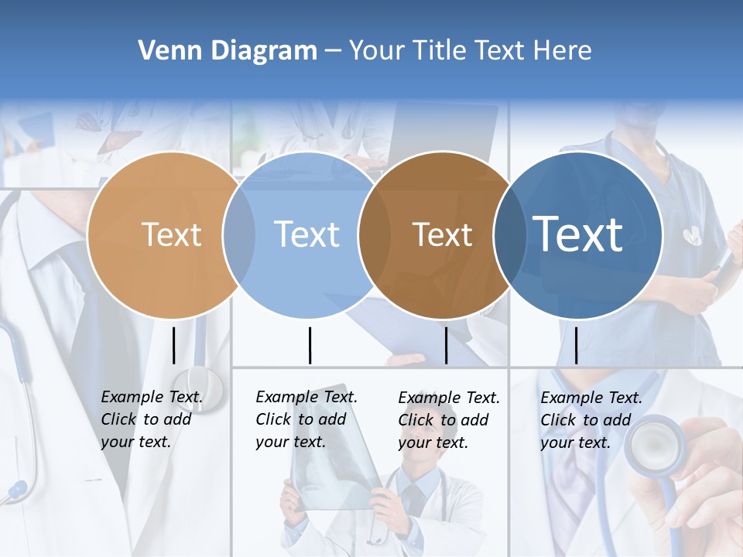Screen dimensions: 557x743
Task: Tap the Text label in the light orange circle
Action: [171, 234]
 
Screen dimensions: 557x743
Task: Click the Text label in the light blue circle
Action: [306, 234]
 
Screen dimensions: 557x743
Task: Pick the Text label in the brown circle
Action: [442, 234]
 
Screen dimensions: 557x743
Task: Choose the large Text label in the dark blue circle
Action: [578, 234]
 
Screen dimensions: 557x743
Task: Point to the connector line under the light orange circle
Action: [174, 345]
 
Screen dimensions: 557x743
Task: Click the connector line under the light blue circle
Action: [310, 345]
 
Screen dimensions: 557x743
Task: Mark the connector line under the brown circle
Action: [446, 345]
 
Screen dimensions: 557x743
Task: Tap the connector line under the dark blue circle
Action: [576, 345]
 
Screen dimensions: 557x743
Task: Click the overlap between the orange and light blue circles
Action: [239, 234]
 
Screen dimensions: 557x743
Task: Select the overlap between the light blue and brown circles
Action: [375, 234]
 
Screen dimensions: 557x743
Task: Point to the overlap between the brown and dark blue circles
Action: [510, 234]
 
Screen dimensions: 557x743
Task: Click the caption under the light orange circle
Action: [151, 419]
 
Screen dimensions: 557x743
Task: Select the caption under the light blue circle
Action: [306, 419]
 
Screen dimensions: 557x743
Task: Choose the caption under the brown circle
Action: [448, 420]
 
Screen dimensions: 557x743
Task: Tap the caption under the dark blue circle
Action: [591, 420]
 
